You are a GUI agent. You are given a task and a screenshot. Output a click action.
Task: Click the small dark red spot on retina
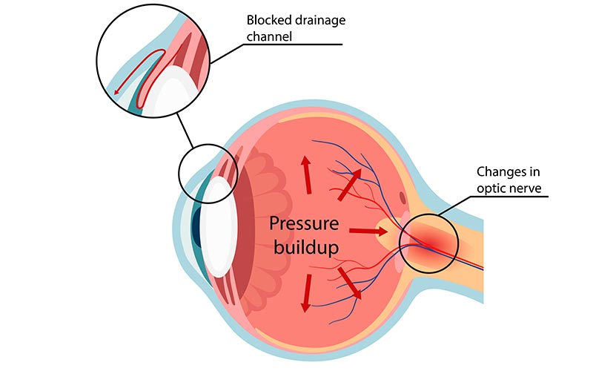pos(402,199)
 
